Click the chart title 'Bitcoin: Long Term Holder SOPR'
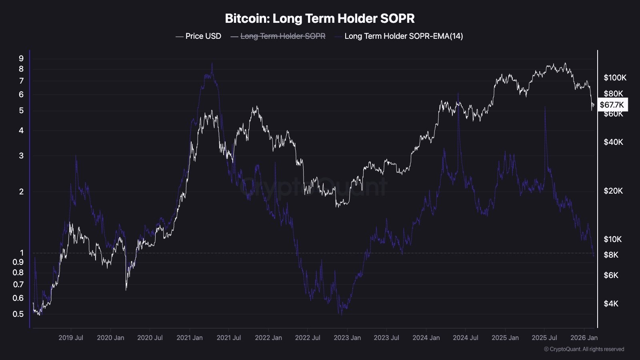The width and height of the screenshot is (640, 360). coord(320,18)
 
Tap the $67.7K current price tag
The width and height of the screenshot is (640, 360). coord(612,105)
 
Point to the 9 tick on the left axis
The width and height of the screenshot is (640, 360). coord(21,58)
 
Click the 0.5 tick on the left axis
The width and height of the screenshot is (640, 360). coord(18,314)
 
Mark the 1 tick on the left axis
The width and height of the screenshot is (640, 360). coord(22,253)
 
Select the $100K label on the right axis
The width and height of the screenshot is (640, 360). coord(615,78)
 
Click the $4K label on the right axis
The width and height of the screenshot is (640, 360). coord(611,304)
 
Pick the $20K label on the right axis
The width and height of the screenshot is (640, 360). coord(613,191)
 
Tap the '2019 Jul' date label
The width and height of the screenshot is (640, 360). coord(71,338)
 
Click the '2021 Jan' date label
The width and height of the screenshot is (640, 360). coord(190,338)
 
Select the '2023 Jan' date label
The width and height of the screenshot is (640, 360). coord(347,338)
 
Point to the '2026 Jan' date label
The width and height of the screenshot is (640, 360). coord(584,338)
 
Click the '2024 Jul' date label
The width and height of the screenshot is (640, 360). coord(466,338)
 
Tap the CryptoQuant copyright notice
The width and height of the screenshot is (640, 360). coord(584,349)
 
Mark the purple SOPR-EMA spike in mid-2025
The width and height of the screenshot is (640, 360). coord(545,107)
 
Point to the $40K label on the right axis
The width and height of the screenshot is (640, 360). coord(613,142)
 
